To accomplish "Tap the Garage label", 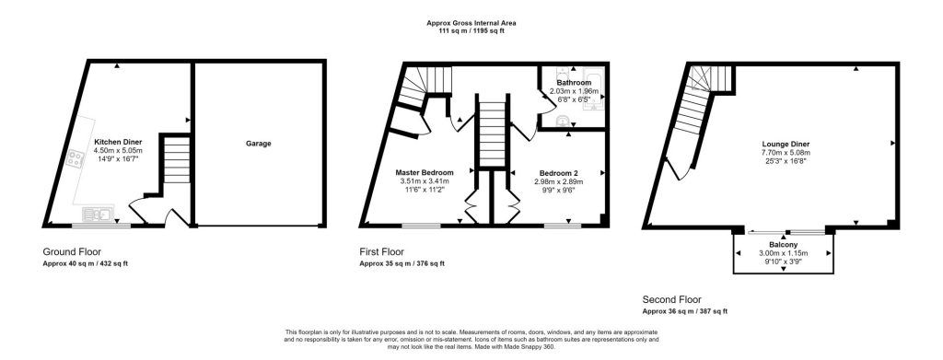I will tap(258, 144).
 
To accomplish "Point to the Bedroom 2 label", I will tap(559, 172).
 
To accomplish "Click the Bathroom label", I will tap(574, 83).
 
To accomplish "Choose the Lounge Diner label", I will tap(786, 144).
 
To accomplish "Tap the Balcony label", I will tap(783, 245).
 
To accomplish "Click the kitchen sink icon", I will tap(95, 215).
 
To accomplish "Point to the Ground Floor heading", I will tap(73, 251).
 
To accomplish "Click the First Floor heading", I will tap(381, 251).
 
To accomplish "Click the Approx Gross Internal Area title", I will tap(471, 23).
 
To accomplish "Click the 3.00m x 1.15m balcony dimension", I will tap(783, 254).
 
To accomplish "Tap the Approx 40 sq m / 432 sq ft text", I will tap(86, 264).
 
